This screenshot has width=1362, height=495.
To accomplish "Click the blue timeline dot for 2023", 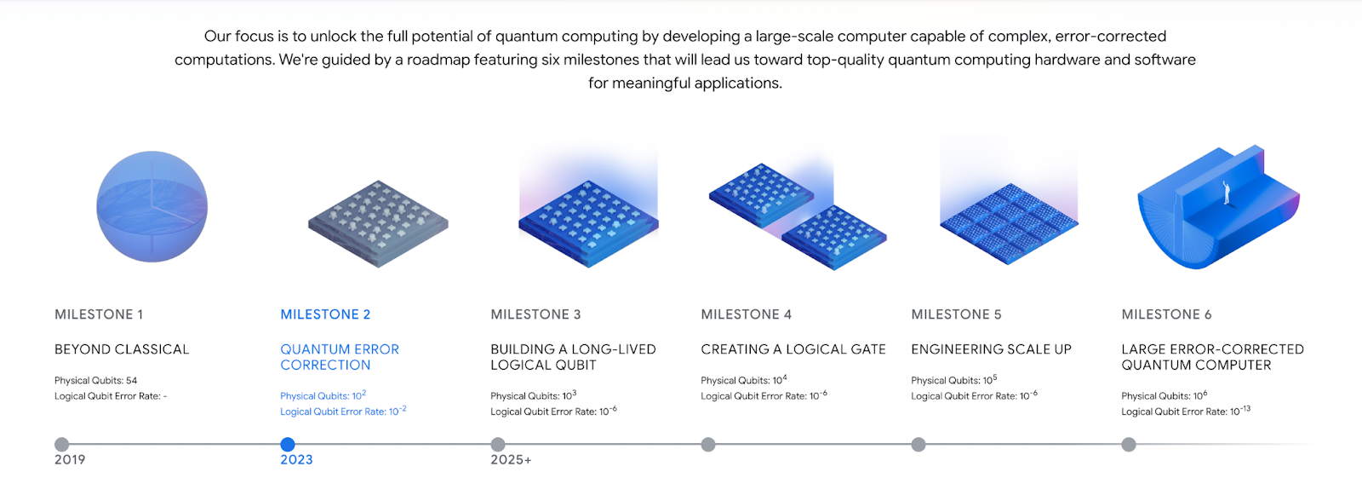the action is click(288, 445).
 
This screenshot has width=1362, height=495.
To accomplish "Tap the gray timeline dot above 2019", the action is click(61, 445).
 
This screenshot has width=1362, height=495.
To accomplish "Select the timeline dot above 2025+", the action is click(498, 445).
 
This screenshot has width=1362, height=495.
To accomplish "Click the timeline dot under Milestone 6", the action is click(1129, 445).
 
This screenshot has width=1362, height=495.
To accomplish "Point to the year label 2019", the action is click(70, 460).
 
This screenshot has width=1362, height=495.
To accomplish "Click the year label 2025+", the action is click(512, 460).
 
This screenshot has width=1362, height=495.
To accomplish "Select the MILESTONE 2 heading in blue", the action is click(325, 314).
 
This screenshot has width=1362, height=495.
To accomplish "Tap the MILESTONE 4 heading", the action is click(746, 314).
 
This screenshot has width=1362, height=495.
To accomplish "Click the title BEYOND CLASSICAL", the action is click(122, 349).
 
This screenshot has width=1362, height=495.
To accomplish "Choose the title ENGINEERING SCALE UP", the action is click(991, 349).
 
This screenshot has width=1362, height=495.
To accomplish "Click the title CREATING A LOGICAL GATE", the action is click(793, 349).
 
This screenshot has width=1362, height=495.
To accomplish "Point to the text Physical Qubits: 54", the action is click(96, 381).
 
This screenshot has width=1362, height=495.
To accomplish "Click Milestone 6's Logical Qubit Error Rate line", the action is click(1186, 411).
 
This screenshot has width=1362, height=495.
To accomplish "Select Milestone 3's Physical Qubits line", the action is click(533, 395).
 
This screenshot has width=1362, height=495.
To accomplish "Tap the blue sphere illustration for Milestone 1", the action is click(152, 206).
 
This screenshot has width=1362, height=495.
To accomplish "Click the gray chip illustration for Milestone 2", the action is click(378, 223).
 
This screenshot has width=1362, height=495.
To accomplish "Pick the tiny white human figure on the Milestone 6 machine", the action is click(1227, 193).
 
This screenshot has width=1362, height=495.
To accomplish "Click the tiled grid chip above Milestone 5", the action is click(1010, 223).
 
